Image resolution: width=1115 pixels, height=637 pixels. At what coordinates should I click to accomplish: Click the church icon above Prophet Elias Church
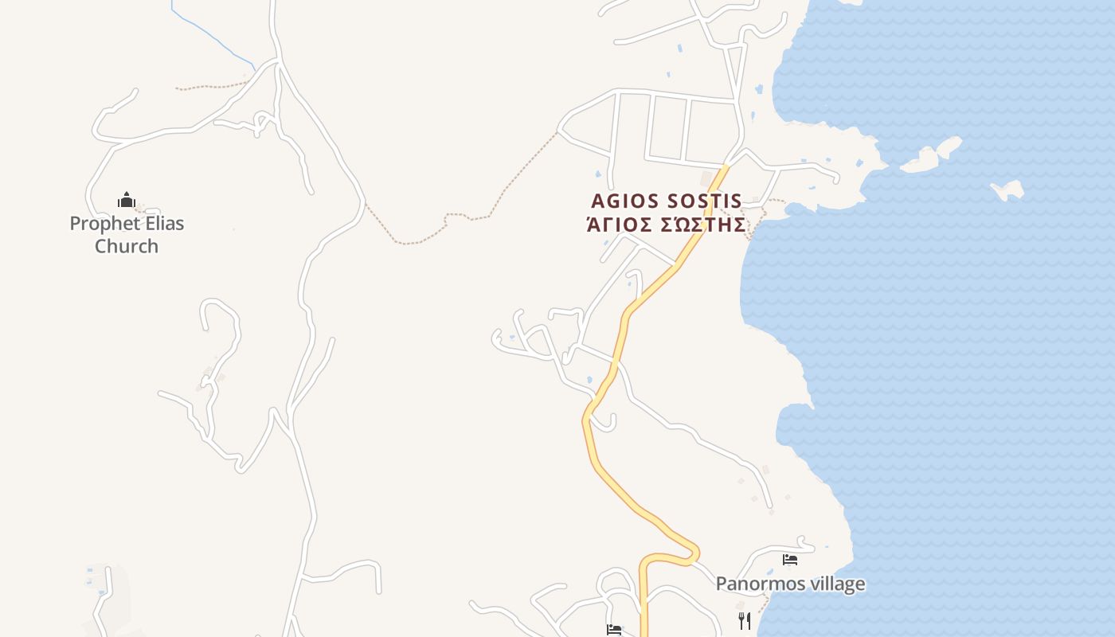pos(127,199)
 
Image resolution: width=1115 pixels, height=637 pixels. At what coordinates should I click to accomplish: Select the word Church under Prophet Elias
pos(127,246)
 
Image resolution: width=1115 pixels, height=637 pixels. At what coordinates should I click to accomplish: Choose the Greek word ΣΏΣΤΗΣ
pos(702,225)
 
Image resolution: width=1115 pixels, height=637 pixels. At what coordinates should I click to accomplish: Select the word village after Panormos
pos(835,584)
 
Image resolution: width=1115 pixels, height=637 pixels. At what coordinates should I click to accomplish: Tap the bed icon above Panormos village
pos(790,560)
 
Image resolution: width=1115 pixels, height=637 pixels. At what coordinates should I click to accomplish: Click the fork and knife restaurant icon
pos(745,620)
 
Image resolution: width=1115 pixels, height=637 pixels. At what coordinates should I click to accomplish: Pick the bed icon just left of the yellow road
pos(614,630)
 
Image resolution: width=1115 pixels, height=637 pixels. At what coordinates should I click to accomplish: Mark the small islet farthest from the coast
pos(1008,190)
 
